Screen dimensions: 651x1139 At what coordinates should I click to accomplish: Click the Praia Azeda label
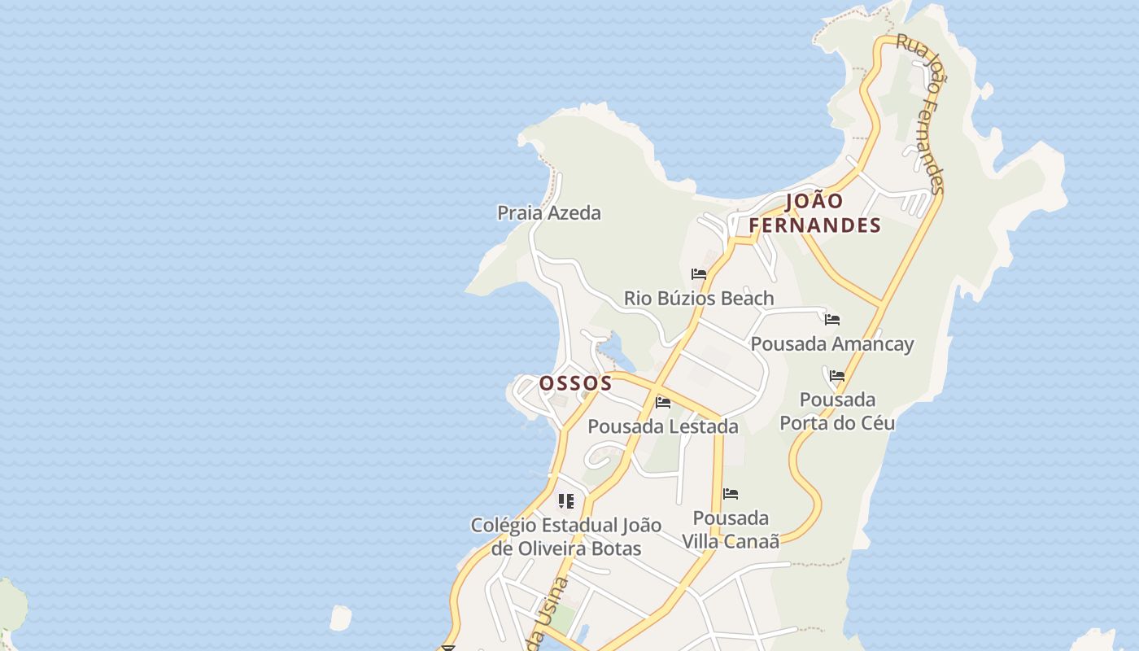tap(549, 213)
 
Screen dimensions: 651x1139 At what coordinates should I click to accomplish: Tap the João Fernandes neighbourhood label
tap(815, 213)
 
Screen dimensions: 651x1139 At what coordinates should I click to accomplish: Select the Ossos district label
tap(575, 383)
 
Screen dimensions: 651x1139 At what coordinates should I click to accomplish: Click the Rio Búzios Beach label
tap(699, 299)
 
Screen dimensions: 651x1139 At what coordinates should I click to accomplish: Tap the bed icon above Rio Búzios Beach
tap(699, 274)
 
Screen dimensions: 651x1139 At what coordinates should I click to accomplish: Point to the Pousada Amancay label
tap(832, 344)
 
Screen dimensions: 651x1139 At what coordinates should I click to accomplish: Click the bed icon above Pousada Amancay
tap(832, 320)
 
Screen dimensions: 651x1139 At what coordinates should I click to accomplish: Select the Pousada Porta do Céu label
tap(837, 411)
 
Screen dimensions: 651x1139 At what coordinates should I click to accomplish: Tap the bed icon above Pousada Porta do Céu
tap(837, 376)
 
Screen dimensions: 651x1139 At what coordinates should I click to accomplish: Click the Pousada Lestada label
tap(663, 426)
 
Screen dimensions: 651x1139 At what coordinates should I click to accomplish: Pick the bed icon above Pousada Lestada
tap(663, 402)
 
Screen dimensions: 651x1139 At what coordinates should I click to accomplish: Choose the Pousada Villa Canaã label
tap(731, 529)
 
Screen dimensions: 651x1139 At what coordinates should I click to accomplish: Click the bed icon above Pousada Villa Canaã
tap(731, 494)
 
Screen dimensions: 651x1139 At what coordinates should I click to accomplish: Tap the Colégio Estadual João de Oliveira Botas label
tap(566, 536)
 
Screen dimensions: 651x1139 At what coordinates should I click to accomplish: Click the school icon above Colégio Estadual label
tap(566, 500)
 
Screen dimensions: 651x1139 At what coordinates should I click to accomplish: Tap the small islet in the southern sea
tap(341, 618)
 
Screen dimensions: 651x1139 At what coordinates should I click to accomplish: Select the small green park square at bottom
tap(562, 618)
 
